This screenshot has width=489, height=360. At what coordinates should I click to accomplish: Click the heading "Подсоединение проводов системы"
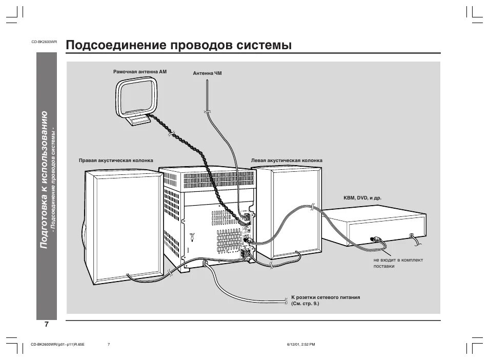coord(179,45)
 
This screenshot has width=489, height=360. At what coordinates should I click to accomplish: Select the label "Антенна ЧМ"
coord(208,73)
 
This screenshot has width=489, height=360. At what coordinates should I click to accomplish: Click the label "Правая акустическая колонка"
coord(116,160)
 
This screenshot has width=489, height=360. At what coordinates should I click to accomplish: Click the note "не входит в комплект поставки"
coord(398,263)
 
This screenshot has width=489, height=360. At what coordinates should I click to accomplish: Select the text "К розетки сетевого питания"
coord(325,297)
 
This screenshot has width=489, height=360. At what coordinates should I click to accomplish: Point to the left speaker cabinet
coord(287,210)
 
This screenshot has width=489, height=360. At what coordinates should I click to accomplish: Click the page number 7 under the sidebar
coord(46,325)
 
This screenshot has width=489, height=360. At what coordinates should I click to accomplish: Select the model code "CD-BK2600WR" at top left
coord(44,42)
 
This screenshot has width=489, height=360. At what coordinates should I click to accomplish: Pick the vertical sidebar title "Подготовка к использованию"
coord(45,179)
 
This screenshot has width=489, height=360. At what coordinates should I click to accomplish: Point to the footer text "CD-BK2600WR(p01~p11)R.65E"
coord(57,344)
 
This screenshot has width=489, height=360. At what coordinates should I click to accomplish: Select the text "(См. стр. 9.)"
coord(305,304)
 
